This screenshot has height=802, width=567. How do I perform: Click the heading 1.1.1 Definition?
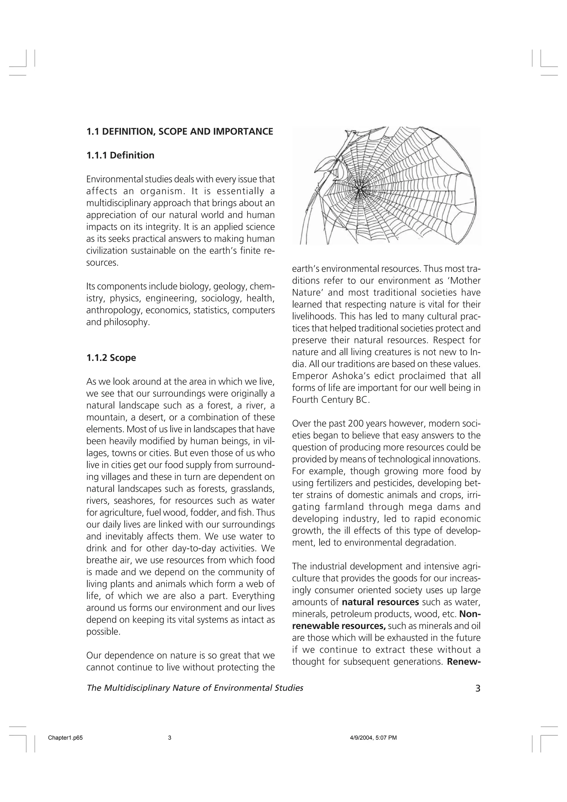(x=120, y=156)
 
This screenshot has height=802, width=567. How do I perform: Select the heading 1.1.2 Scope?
(x=111, y=358)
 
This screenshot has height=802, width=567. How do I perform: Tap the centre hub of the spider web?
(x=359, y=188)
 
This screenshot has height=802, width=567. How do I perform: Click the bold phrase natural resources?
(x=380, y=602)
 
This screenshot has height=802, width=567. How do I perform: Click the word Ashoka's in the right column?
(x=362, y=376)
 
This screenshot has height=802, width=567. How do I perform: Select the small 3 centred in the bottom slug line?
(x=170, y=738)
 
